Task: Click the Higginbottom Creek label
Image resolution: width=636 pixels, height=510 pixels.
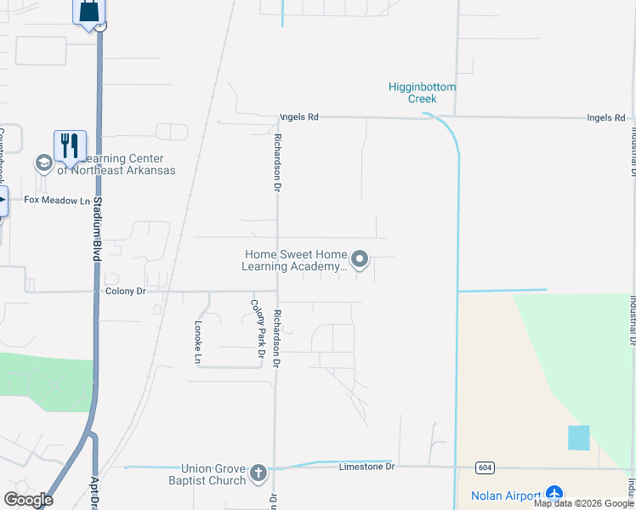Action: pos(423,93)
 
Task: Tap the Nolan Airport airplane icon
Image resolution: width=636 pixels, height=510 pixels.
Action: pos(554,493)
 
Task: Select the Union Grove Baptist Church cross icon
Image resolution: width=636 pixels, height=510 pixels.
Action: pos(258,473)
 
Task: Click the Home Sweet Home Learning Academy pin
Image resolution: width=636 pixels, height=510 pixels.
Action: pos(360,259)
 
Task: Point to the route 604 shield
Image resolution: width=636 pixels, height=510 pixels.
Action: pos(485,467)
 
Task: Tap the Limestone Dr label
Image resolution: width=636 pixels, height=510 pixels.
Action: pos(367,467)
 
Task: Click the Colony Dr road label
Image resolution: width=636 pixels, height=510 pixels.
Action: pos(126,291)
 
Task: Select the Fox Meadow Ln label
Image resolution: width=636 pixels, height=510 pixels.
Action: pos(57,201)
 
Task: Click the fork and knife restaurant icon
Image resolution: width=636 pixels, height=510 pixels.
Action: pos(69,146)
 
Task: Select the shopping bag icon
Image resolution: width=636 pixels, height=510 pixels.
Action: pos(89,12)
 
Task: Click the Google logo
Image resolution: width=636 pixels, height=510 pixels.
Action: pos(28,499)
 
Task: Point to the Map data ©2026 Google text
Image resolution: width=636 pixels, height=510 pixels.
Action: pos(583,503)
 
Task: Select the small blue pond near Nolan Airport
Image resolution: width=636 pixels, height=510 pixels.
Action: pos(578,438)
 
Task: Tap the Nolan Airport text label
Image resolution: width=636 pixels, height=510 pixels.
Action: pos(506,496)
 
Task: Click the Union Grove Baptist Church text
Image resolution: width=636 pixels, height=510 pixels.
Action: pos(213,474)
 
